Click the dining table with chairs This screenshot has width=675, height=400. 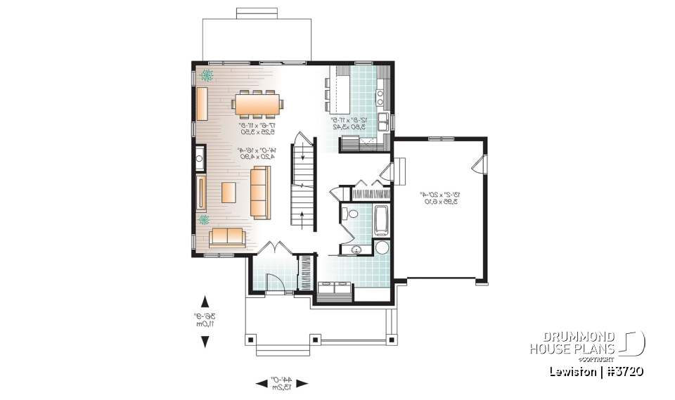258,104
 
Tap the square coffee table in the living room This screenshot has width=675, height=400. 229,192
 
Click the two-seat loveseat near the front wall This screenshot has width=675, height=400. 226,238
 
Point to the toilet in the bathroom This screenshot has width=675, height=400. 349,213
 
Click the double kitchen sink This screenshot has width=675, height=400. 383,122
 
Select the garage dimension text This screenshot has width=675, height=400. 438,198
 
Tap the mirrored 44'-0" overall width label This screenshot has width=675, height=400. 281,384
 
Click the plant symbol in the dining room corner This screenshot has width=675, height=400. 209,74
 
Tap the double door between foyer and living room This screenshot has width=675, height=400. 274,248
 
